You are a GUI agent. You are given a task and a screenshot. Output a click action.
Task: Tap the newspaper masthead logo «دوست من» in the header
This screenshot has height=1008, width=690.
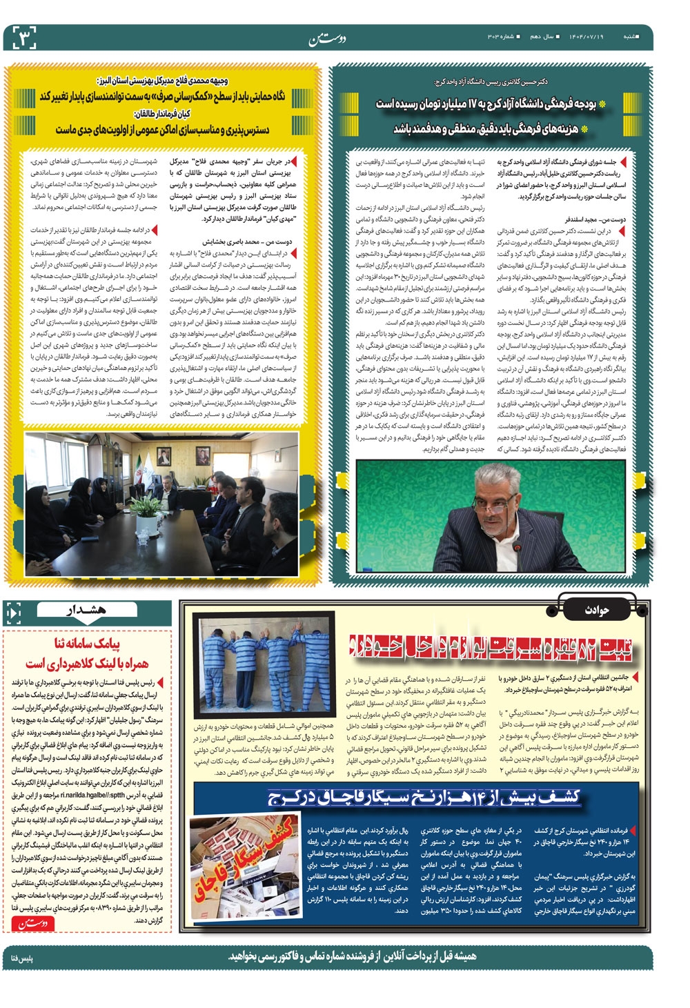325,39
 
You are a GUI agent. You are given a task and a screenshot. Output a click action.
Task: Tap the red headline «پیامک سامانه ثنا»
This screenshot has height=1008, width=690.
86,644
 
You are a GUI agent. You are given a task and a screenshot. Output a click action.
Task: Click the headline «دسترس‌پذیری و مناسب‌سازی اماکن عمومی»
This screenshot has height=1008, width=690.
163,130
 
